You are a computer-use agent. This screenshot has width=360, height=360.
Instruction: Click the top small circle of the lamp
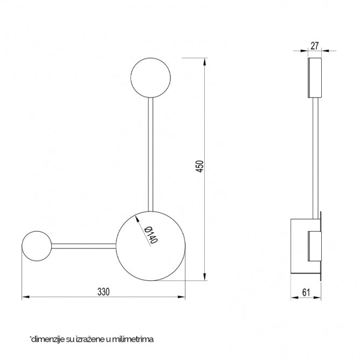tap(151, 78)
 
